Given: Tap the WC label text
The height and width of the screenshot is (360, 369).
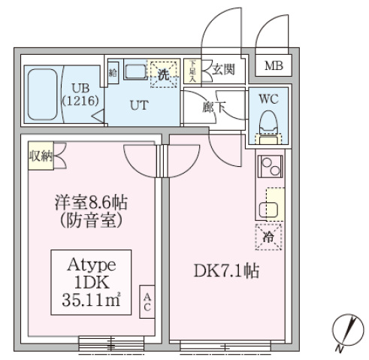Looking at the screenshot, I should (268, 99).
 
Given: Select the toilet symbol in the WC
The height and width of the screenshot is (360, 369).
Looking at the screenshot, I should (267, 121).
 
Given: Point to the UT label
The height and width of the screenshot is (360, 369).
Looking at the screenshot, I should (139, 104).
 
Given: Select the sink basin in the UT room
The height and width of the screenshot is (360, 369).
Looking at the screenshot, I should (135, 72).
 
